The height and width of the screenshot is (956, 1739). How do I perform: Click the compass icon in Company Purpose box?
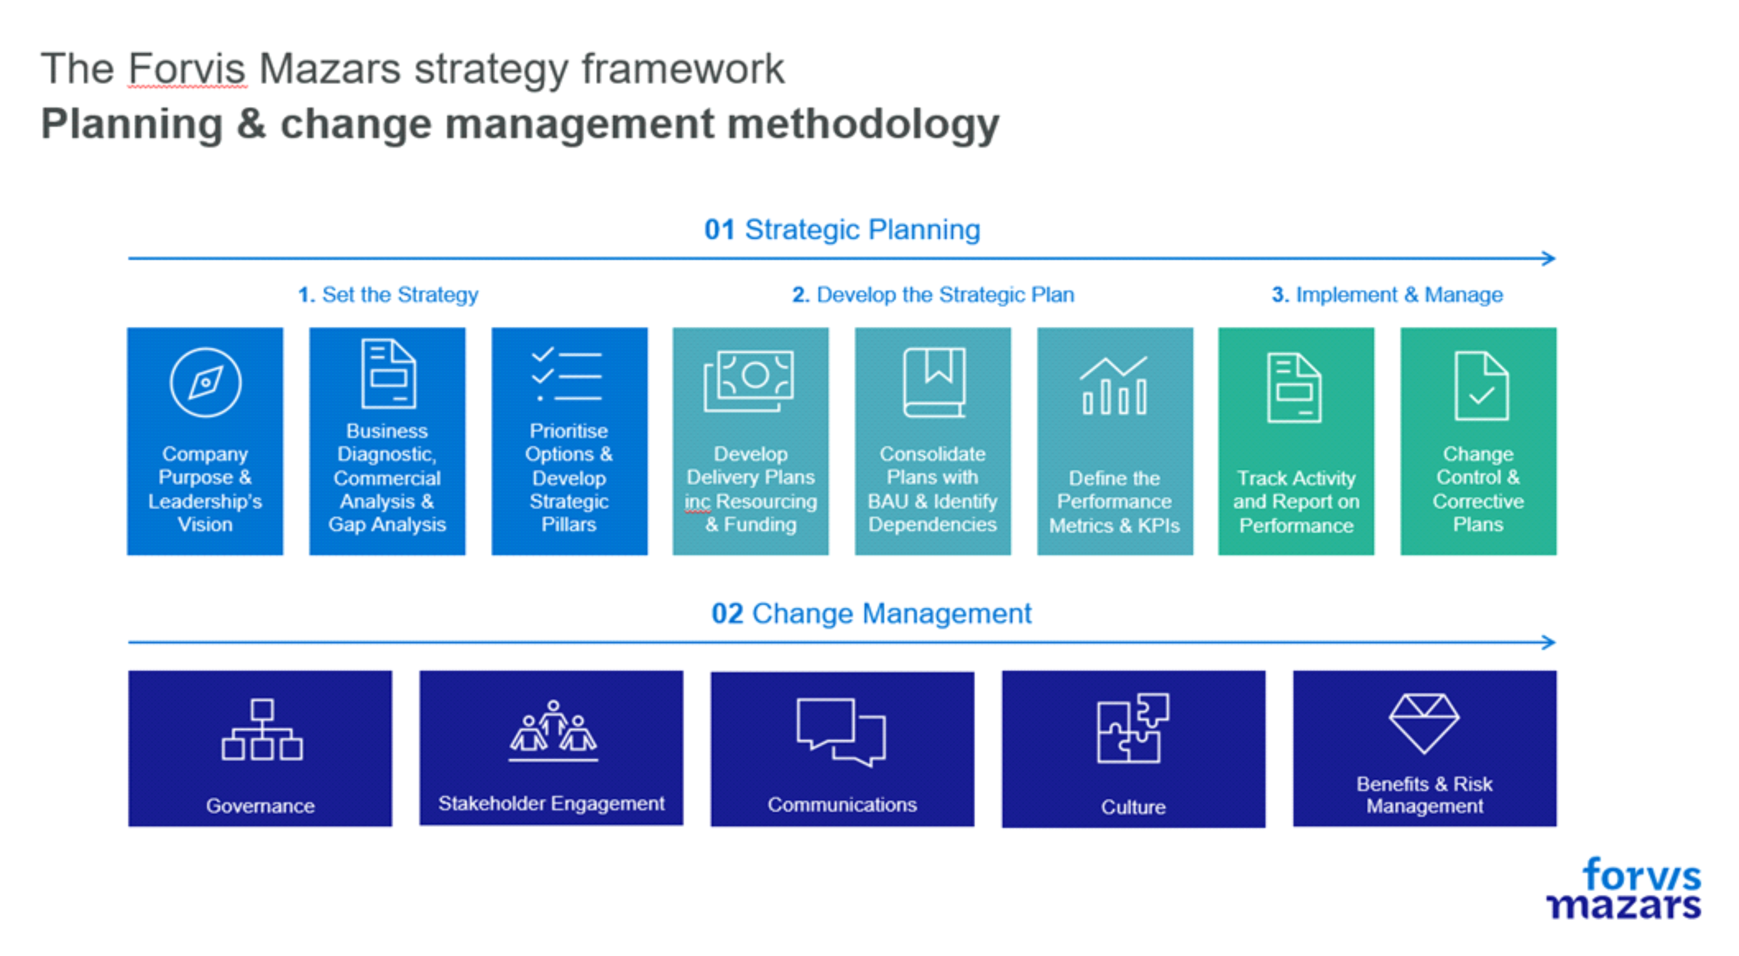tap(205, 382)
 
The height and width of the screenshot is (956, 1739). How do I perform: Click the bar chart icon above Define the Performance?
tap(1114, 385)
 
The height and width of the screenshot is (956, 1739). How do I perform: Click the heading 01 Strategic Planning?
tap(842, 230)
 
